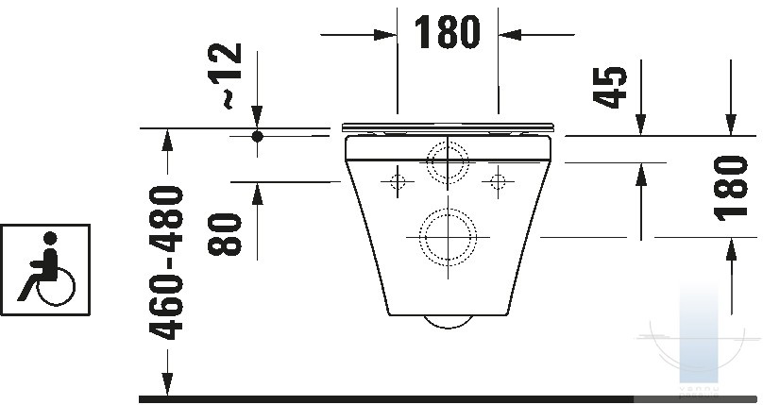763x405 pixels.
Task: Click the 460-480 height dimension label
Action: click(166, 262)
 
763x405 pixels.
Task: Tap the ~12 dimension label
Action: click(225, 76)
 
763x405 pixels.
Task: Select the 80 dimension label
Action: click(225, 234)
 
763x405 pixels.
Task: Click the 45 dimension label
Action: click(610, 87)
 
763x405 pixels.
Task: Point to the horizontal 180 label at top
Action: click(448, 32)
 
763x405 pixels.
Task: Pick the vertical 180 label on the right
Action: click(730, 188)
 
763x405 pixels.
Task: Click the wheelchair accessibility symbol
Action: click(45, 270)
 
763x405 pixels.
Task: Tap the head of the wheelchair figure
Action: click(50, 238)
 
